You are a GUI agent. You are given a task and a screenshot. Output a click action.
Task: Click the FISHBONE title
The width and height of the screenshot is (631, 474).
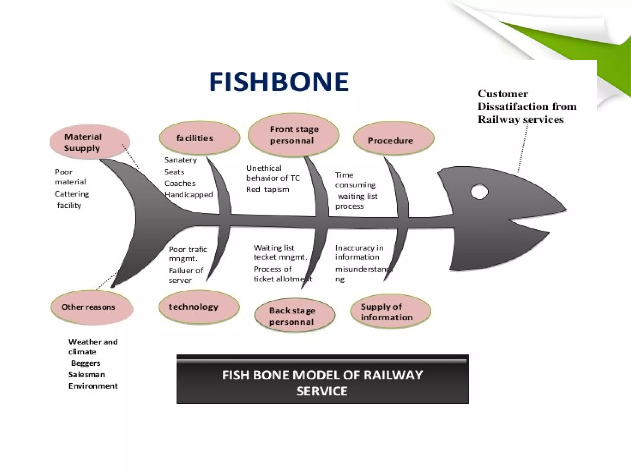point(279,81)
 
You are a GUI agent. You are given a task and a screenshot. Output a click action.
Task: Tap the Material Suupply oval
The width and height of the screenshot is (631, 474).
point(90,142)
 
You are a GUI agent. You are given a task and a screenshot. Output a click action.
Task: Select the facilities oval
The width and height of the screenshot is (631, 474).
point(200,138)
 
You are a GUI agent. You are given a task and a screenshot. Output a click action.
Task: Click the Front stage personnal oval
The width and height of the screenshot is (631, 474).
point(293,135)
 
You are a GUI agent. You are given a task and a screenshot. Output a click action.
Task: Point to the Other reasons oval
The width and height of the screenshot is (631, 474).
point(92,307)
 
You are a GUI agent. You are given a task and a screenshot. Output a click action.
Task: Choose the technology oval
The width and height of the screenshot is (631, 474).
point(199,307)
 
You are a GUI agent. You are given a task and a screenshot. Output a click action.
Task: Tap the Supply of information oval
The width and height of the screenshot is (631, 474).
point(390,311)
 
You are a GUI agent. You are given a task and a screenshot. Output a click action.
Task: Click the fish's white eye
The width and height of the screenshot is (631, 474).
point(479,192)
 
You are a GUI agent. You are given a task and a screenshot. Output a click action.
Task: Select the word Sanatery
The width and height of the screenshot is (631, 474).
point(181,160)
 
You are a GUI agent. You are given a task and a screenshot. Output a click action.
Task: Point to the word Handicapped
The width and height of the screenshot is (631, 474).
point(189,195)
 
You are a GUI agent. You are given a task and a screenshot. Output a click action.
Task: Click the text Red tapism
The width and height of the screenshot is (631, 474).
point(267,189)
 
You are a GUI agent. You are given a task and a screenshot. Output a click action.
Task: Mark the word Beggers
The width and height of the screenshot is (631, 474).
point(86,363)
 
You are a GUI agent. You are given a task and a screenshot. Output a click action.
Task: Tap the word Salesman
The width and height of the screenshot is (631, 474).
point(87,375)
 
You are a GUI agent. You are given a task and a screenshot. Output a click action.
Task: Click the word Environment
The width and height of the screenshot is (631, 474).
point(93,386)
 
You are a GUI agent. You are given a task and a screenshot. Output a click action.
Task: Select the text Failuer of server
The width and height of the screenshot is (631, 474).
point(186,275)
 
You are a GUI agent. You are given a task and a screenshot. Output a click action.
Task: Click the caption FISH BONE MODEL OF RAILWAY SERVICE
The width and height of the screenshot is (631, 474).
point(322,383)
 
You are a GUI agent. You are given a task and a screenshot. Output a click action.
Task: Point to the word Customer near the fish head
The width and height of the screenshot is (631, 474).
point(503,94)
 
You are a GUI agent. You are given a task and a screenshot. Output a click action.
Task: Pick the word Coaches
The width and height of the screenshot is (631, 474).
point(180,183)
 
